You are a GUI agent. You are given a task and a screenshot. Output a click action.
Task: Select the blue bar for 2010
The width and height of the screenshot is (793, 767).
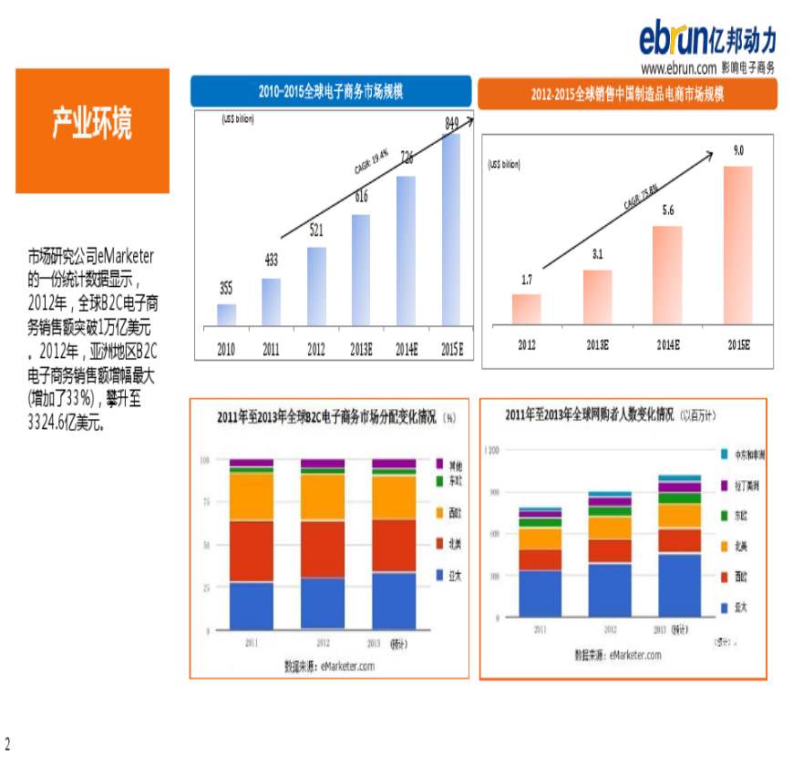click(226, 314)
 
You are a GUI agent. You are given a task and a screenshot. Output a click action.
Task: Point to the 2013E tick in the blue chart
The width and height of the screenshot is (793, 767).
click(361, 348)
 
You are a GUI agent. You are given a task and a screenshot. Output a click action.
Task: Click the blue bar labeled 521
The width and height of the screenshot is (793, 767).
click(316, 286)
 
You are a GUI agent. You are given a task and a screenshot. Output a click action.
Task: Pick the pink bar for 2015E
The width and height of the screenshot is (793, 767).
click(738, 244)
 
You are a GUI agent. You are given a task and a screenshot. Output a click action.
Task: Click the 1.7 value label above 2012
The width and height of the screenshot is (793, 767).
click(527, 281)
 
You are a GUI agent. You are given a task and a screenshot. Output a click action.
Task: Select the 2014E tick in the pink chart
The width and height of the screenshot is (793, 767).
click(668, 345)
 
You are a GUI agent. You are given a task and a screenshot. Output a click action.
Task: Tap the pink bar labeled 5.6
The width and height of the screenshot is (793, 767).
click(668, 274)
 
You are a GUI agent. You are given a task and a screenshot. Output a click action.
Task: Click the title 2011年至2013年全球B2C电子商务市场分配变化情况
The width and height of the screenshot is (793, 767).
click(329, 418)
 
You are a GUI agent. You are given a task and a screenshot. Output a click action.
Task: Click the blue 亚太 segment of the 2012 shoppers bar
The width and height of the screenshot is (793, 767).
click(610, 590)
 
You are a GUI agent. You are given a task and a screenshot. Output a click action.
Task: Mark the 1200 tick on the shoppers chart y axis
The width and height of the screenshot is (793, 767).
click(492, 450)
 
